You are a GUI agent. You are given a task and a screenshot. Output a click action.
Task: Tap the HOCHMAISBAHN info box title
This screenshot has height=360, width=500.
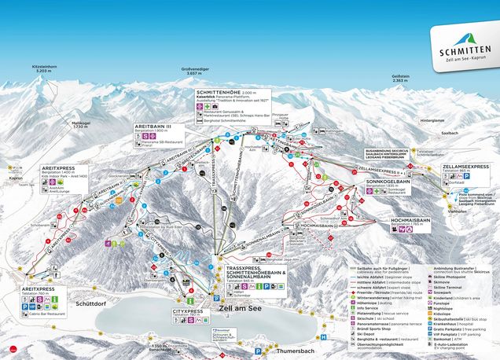click(x=413, y=221)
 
